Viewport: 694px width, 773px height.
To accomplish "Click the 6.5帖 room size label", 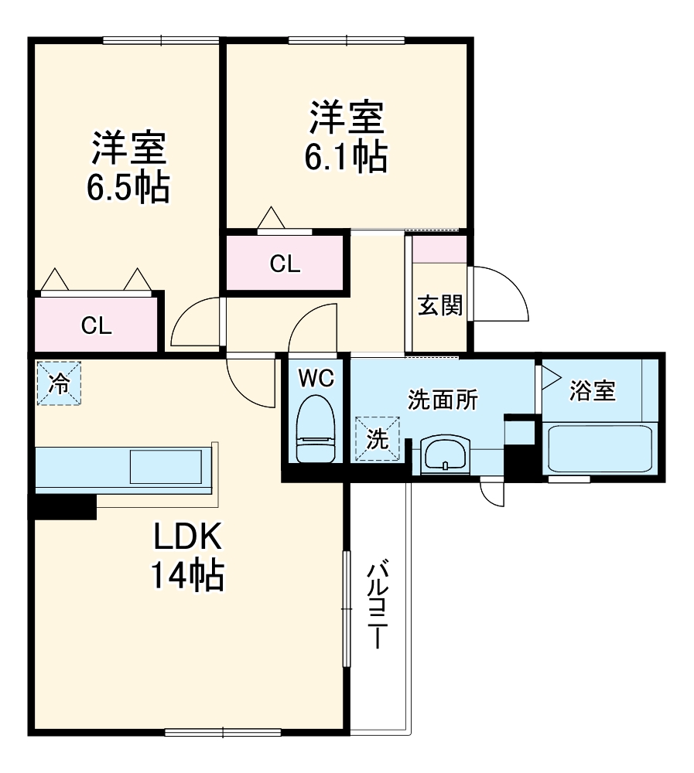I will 128,187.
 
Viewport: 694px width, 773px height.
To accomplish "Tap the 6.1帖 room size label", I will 346,157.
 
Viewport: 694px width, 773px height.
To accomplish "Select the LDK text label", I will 187,536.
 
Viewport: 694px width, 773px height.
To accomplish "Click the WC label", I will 316,378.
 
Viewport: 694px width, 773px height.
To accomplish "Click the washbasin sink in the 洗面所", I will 445,454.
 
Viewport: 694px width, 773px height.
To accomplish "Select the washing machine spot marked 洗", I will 378,439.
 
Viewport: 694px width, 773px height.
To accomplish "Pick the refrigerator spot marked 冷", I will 59,383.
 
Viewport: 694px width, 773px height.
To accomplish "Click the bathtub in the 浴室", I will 600,448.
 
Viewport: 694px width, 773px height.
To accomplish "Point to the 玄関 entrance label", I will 439,306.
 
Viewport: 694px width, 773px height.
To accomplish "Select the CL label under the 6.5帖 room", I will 97,325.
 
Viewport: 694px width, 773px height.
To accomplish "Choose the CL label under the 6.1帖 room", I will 284,264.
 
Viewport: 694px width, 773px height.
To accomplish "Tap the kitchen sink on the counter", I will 167,467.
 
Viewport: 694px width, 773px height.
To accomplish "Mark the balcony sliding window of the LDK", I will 345,611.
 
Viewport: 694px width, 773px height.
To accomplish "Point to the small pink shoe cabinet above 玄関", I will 439,250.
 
